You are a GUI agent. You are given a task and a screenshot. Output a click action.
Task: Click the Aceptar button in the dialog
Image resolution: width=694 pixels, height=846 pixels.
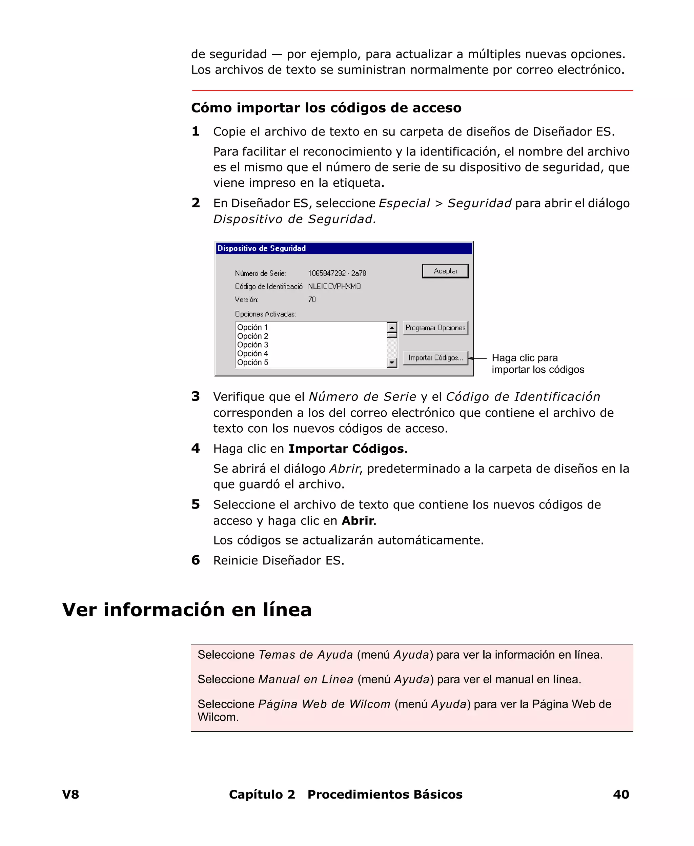tap(445, 271)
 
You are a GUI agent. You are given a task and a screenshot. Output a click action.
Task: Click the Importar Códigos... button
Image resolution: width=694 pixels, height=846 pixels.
tap(435, 358)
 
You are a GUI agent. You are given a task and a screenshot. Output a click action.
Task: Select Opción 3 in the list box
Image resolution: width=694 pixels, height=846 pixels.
tap(253, 345)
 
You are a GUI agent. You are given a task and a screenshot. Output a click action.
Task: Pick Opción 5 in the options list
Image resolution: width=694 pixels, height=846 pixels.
tap(253, 363)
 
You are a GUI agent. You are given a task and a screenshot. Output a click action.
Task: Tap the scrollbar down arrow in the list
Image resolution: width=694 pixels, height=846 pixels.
tap(392, 363)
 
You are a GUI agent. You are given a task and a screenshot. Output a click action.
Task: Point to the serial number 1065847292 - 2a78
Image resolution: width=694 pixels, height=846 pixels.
tap(337, 273)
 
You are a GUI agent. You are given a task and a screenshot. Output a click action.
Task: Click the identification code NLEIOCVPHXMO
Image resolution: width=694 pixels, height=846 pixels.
tap(334, 287)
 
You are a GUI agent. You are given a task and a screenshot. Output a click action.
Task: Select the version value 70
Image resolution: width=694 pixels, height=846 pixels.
tap(312, 300)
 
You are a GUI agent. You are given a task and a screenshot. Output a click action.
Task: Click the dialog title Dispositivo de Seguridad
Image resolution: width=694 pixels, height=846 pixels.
tap(262, 249)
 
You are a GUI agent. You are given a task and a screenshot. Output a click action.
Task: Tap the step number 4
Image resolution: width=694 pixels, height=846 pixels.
tap(196, 448)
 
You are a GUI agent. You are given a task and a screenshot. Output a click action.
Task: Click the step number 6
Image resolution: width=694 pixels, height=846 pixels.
tap(196, 560)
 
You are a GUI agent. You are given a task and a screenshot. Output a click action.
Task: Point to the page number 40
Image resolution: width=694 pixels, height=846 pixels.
tap(621, 795)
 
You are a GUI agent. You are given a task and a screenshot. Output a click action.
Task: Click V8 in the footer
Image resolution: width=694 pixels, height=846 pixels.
tap(71, 795)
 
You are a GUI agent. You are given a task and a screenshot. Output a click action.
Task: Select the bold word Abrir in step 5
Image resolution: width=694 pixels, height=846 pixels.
tap(358, 521)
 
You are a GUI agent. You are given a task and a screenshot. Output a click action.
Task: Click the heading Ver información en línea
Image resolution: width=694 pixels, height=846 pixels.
tap(187, 610)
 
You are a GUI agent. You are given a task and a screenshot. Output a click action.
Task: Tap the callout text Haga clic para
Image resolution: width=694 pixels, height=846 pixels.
tap(525, 358)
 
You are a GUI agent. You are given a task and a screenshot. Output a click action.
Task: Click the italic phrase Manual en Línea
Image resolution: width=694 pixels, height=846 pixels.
tap(306, 679)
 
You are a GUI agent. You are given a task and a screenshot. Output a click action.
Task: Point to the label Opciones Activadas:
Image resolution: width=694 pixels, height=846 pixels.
tap(265, 314)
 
